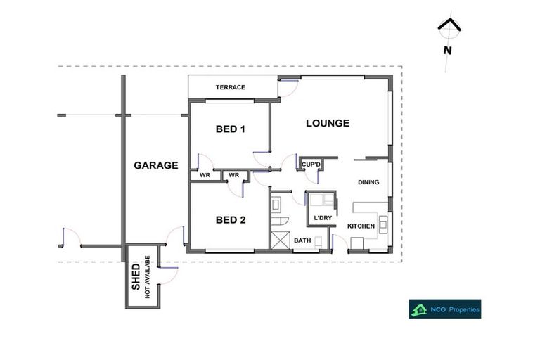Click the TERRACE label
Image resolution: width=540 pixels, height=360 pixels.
click(x=230, y=87)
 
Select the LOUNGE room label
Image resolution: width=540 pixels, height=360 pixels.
click(x=327, y=123)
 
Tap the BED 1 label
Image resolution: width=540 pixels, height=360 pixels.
click(x=230, y=129)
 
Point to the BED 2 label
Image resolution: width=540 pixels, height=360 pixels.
click(x=230, y=220)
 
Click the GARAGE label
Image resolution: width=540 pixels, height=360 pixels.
click(x=155, y=166)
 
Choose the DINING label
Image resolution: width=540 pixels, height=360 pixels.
click(x=368, y=182)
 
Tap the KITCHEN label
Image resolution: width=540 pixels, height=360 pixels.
click(x=361, y=226)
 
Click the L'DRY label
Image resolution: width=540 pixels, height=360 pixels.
click(x=322, y=218)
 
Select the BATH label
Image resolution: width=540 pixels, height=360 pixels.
click(x=302, y=240)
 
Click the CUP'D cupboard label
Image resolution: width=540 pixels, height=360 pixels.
click(x=311, y=165)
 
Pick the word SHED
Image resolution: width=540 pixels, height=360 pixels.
click(x=136, y=278)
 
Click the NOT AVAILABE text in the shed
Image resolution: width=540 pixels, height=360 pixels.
click(x=148, y=277)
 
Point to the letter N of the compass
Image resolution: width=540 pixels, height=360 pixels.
click(x=447, y=50)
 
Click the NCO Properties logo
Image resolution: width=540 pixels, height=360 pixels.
click(x=444, y=309)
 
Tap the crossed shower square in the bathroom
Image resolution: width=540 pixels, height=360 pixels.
click(x=280, y=240)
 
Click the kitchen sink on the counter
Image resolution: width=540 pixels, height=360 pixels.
click(x=383, y=224)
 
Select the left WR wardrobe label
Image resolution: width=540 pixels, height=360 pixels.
click(x=205, y=175)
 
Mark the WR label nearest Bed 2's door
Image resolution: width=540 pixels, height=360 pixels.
click(x=234, y=175)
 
